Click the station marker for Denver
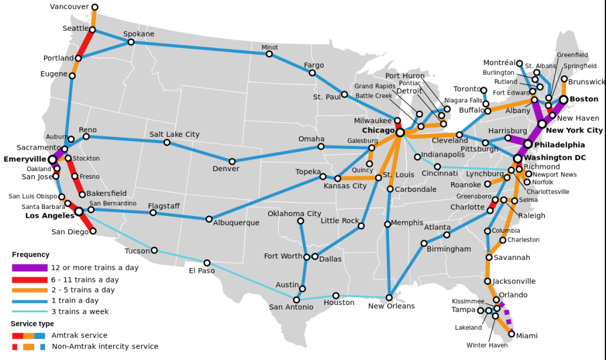[232, 161]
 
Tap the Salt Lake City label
[175, 134]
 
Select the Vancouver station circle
[95, 8]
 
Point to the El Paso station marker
[207, 263]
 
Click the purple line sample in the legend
[30, 268]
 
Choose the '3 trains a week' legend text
[80, 311]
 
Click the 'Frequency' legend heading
[31, 255]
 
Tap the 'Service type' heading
[32, 324]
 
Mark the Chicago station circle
[400, 133]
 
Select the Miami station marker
[511, 334]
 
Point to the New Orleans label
[391, 306]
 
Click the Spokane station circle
[131, 42]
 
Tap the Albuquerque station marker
[209, 219]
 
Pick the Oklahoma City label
[294, 214]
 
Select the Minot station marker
[269, 54]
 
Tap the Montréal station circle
[520, 63]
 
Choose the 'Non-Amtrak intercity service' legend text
[105, 346]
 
